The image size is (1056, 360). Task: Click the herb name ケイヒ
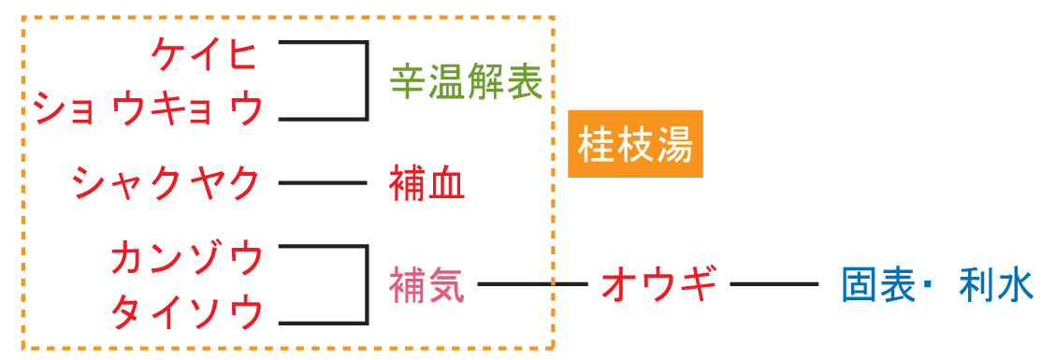tap(204, 55)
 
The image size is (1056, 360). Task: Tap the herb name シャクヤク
tap(167, 182)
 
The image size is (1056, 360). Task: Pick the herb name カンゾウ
tap(186, 257)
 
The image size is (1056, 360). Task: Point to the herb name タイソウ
tap(186, 311)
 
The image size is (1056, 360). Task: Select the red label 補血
tap(427, 183)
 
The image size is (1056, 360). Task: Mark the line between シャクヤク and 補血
tap(323, 183)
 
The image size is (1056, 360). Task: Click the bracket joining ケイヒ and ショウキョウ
tap(366, 80)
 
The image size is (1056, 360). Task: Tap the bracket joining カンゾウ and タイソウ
tap(366, 285)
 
